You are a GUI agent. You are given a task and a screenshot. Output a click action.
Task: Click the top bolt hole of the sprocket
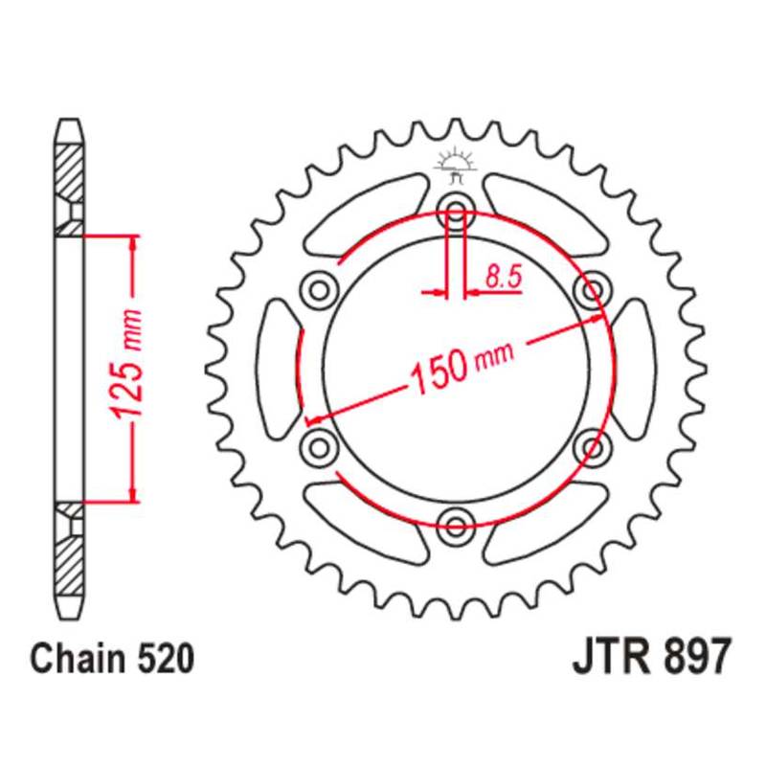pyautogui.click(x=456, y=211)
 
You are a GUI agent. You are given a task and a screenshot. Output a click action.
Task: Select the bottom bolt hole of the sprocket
pyautogui.click(x=456, y=521)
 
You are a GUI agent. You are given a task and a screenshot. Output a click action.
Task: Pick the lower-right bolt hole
pyautogui.click(x=595, y=444)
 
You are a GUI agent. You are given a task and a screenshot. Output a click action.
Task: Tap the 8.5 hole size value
pyautogui.click(x=502, y=279)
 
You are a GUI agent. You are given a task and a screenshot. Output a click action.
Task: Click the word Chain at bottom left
pyautogui.click(x=75, y=660)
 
